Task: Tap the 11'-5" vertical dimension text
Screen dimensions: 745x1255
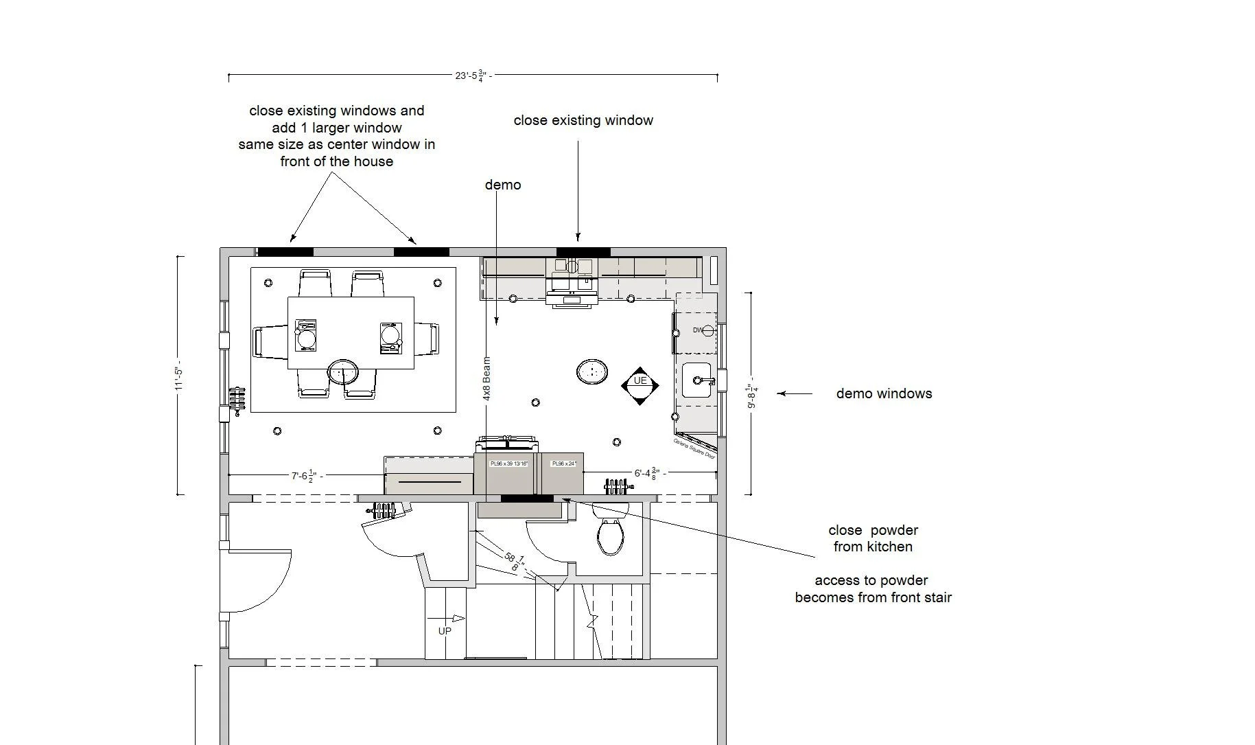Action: pos(179,379)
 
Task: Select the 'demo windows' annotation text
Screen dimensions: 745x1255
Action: pos(884,393)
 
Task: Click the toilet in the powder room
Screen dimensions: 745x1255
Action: pos(610,536)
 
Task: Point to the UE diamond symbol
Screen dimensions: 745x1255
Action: pos(640,385)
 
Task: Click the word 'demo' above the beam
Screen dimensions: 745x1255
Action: pos(503,185)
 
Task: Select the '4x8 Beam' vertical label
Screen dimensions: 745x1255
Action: pos(486,378)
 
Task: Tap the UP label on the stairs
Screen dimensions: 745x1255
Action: pos(445,631)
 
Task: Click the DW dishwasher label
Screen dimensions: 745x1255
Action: pos(698,330)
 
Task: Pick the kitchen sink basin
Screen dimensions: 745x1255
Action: pos(696,380)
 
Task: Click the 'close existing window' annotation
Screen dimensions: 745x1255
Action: pos(583,120)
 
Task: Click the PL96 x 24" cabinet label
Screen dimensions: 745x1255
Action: pos(564,464)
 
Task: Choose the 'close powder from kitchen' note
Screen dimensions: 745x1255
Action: pos(873,538)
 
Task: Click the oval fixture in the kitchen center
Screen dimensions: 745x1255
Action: pos(591,372)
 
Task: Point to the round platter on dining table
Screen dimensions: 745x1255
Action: pos(342,372)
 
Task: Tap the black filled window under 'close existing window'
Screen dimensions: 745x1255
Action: pos(583,252)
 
